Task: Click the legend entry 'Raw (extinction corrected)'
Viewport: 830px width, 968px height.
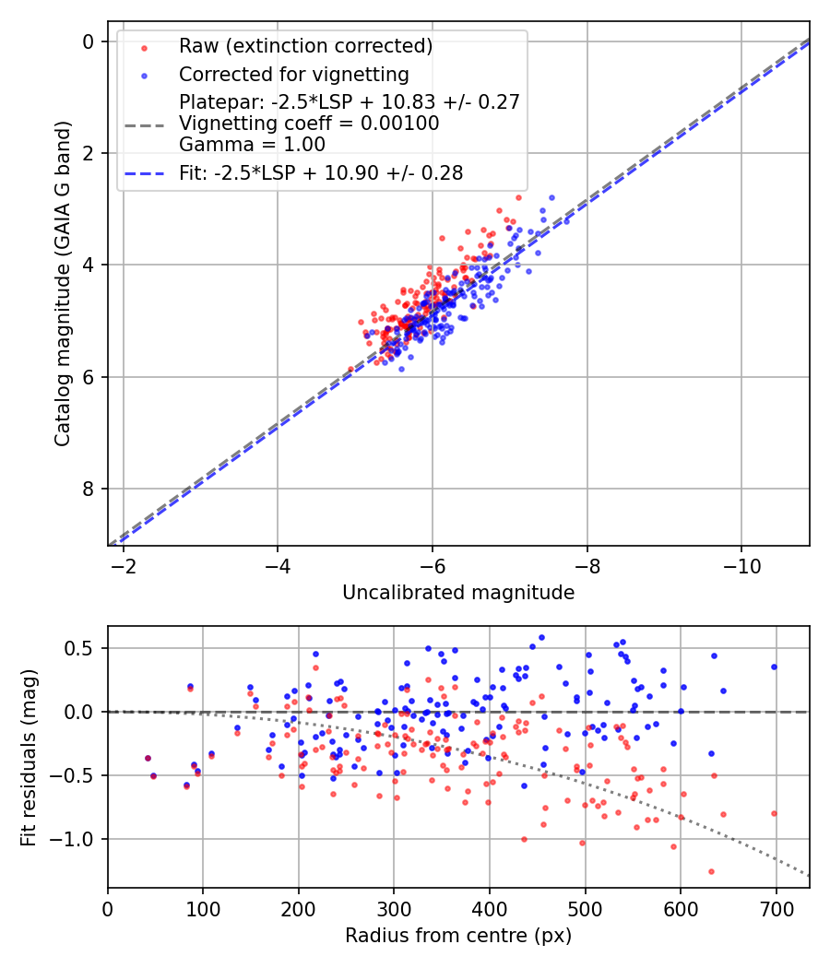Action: [x=305, y=46]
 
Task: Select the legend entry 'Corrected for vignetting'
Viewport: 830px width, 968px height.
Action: [x=293, y=74]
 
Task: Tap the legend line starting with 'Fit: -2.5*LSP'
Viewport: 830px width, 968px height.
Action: [x=321, y=172]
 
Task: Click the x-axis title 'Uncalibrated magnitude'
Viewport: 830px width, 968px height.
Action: [x=458, y=593]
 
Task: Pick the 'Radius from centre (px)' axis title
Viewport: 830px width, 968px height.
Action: [x=458, y=936]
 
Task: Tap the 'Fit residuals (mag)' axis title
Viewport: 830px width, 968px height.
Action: [x=30, y=756]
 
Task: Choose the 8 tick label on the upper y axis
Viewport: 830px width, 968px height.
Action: [x=89, y=489]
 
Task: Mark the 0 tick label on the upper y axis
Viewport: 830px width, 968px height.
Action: [x=89, y=41]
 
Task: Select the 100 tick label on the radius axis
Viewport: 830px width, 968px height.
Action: [x=203, y=909]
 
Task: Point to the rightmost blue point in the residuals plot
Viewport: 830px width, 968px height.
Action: [x=774, y=667]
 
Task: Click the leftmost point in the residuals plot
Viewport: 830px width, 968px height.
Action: [x=148, y=758]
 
